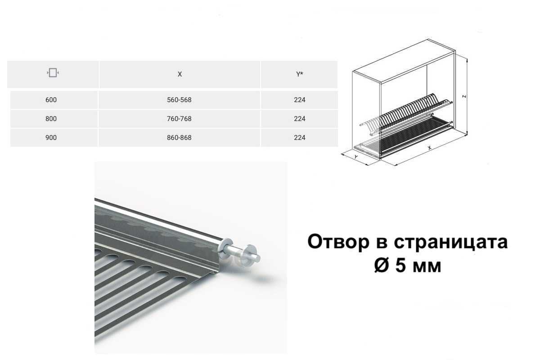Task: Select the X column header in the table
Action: click(x=180, y=74)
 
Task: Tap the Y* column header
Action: click(x=299, y=74)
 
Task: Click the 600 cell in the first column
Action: click(x=51, y=100)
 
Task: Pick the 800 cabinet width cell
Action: click(x=51, y=119)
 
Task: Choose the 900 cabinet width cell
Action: click(x=51, y=138)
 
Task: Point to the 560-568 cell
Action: click(x=179, y=100)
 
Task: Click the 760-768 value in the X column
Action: click(x=179, y=119)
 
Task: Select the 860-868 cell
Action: click(x=179, y=138)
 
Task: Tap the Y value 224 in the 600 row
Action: click(x=299, y=100)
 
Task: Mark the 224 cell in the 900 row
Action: click(x=299, y=138)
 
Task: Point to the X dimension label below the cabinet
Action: click(x=430, y=148)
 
